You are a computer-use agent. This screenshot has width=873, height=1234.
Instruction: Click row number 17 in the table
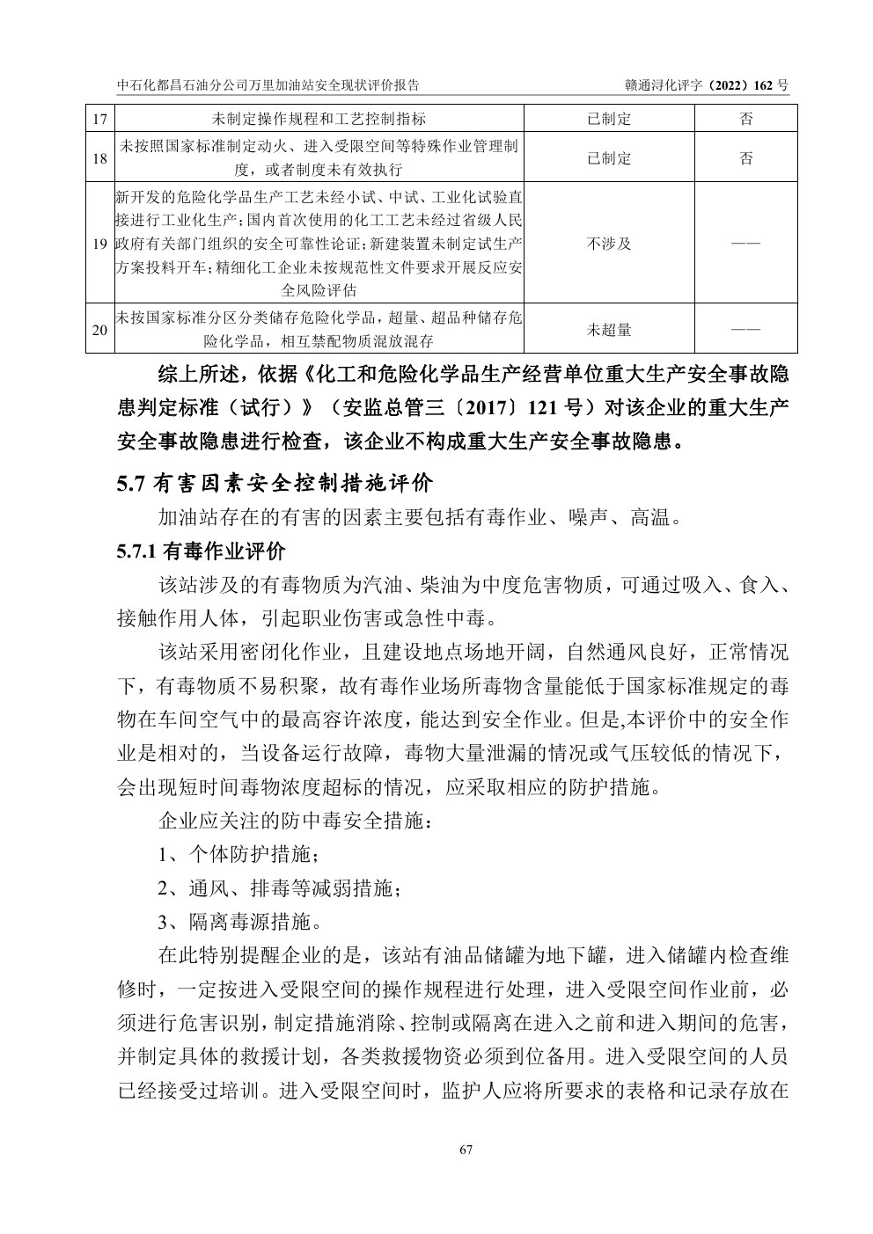click(x=99, y=119)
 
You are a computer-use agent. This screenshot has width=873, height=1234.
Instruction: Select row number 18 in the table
click(x=99, y=158)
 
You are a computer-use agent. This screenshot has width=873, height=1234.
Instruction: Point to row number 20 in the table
click(x=99, y=330)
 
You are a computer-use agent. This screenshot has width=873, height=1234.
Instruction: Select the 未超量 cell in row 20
click(x=609, y=330)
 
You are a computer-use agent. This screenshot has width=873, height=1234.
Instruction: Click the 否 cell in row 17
click(x=745, y=119)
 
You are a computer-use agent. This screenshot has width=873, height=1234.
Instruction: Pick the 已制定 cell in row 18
click(x=609, y=158)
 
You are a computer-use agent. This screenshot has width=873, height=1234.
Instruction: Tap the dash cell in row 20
click(x=745, y=330)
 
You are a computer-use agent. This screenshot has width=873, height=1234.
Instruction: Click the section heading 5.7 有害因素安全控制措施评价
click(x=275, y=483)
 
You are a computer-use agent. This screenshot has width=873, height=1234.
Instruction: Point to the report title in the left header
click(x=268, y=85)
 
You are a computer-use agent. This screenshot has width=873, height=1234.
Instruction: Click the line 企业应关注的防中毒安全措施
click(x=295, y=820)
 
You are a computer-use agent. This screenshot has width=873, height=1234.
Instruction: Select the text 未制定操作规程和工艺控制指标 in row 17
click(x=319, y=119)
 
